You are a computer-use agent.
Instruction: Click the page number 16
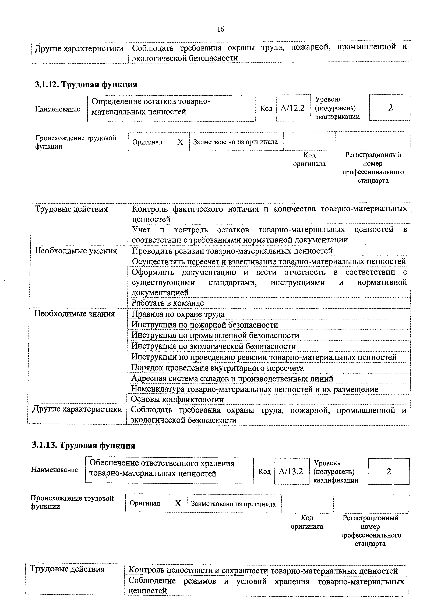(220, 29)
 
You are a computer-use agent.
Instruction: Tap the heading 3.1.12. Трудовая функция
(86, 85)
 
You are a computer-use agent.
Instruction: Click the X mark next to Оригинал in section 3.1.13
(178, 504)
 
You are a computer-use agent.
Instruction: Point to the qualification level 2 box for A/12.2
(390, 108)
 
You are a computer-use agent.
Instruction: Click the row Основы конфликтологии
(177, 399)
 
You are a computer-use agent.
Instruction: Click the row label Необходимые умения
(76, 251)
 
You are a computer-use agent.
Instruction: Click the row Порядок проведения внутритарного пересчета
(217, 368)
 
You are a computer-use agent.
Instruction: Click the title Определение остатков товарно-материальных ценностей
(151, 107)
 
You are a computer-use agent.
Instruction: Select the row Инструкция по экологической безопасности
(214, 346)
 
